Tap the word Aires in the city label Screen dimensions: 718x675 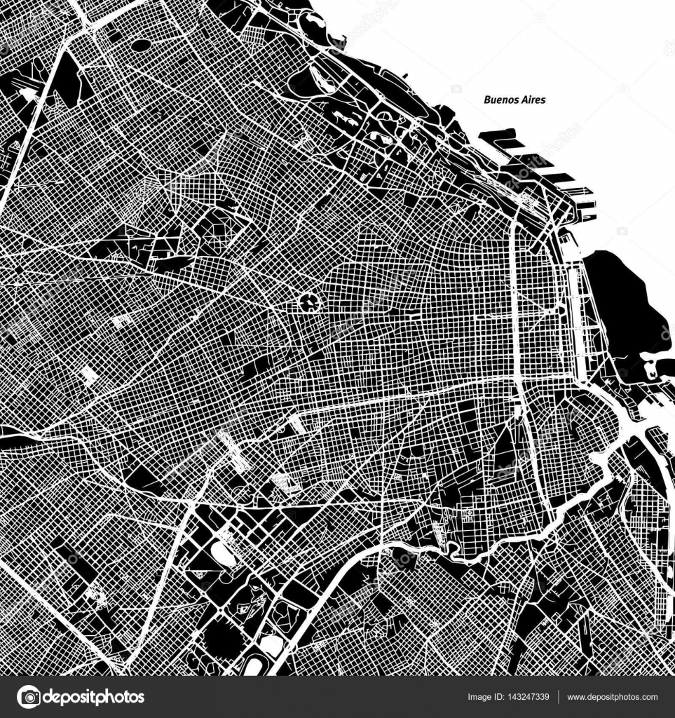tap(532, 100)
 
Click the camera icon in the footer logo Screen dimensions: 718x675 tap(29, 697)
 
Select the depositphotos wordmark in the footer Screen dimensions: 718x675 tap(94, 697)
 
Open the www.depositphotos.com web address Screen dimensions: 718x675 tap(612, 697)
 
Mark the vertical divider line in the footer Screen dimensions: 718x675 tap(559, 697)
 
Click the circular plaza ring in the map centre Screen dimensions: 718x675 tap(308, 303)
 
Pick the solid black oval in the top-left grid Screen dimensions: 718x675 tap(141, 45)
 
